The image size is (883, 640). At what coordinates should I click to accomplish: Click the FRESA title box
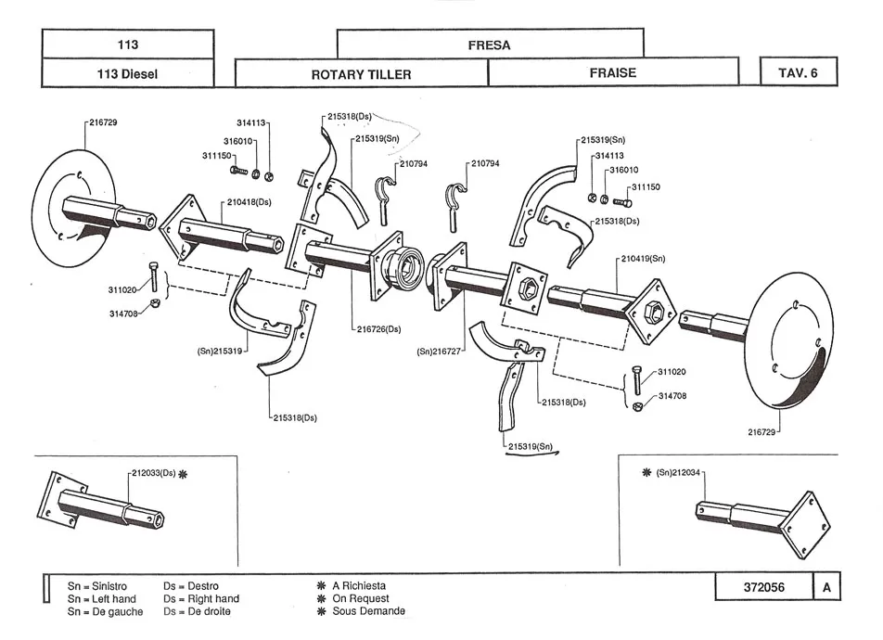point(489,44)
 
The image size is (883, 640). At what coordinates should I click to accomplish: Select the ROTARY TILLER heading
point(361,74)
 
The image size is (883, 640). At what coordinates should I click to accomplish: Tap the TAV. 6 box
point(798,72)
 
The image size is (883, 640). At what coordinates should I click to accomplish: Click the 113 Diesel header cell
point(128,73)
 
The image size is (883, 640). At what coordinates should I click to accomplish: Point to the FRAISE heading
point(612,72)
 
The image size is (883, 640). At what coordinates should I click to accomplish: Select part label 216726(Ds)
point(378,329)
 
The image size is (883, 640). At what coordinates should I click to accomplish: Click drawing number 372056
point(762,587)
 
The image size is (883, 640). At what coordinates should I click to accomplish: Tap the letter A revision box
point(825,587)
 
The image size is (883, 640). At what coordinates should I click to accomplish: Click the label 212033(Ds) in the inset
point(154,473)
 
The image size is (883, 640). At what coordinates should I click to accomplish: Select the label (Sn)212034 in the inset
point(680,473)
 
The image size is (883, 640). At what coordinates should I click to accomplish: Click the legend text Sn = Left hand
point(102,599)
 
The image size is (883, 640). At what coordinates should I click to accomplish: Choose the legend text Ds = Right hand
point(200,599)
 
